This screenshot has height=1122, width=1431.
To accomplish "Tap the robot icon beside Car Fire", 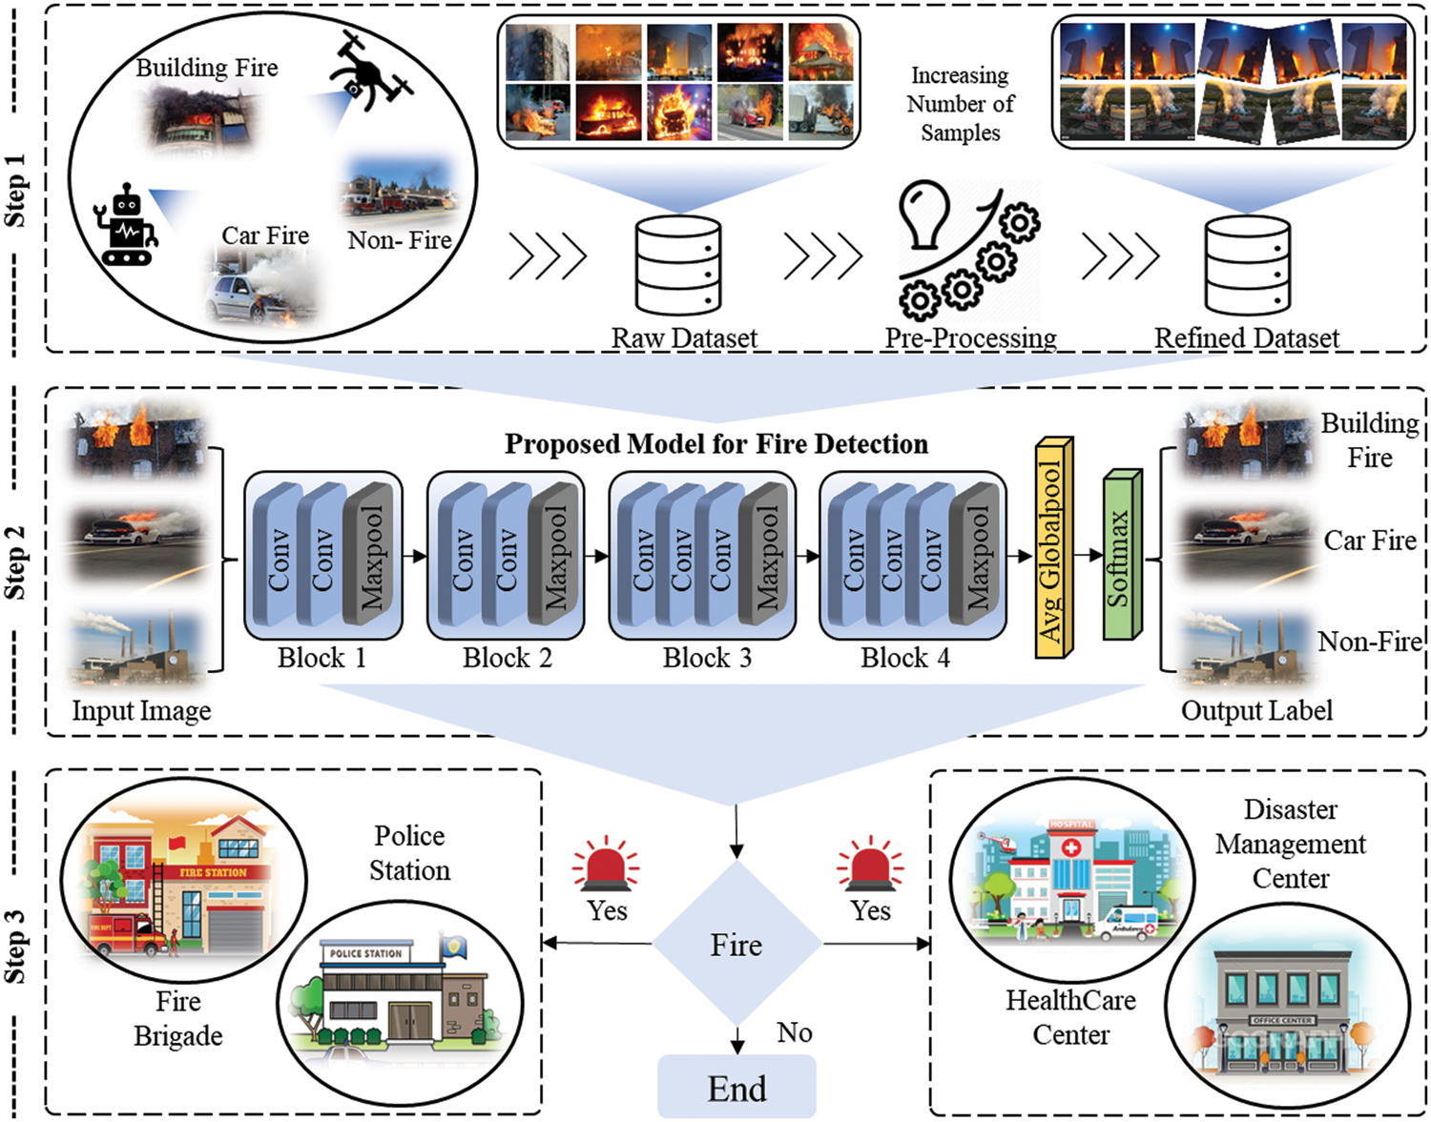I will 126,225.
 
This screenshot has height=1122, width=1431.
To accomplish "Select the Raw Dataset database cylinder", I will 678,265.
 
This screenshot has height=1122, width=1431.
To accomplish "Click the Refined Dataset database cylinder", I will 1247,265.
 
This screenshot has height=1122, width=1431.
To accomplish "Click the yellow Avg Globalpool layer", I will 1053,549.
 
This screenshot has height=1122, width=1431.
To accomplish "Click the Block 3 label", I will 707,658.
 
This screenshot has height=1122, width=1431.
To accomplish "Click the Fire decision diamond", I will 736,945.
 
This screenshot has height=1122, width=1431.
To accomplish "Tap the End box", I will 736,1088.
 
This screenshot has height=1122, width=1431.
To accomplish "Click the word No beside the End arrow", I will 794,1032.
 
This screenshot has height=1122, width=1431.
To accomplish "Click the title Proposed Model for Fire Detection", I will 715,444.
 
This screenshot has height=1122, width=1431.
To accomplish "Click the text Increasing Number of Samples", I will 960,104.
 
